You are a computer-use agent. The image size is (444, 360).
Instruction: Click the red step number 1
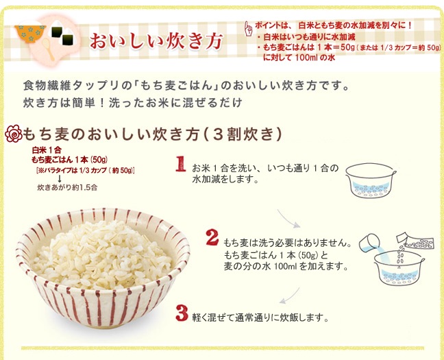[180, 164]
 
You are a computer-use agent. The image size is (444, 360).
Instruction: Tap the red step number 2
[212, 237]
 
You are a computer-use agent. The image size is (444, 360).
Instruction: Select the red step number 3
[182, 313]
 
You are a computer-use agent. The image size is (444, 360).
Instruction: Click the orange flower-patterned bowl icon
[30, 34]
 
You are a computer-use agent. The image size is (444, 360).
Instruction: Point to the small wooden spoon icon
[49, 49]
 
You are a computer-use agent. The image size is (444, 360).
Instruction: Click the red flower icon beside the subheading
[14, 134]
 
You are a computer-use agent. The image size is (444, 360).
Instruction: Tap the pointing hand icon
[248, 29]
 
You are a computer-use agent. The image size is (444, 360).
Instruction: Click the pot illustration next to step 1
[371, 180]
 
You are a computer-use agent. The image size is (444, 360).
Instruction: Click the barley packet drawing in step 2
[415, 241]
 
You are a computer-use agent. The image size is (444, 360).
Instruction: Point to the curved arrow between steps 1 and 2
[288, 219]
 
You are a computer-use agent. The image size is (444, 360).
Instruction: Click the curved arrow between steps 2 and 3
[289, 296]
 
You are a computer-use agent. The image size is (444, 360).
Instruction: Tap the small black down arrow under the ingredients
[60, 178]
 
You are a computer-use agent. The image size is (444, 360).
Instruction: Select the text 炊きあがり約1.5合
[67, 187]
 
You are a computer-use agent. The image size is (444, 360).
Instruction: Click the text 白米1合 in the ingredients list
[47, 150]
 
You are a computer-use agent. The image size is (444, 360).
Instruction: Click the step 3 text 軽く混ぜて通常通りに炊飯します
[260, 317]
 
